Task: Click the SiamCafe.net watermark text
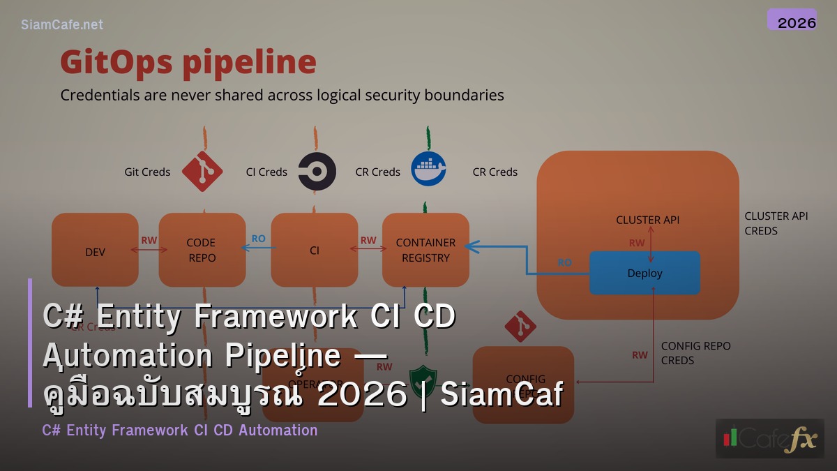click(x=62, y=24)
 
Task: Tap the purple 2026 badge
click(x=792, y=20)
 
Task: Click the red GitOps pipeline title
click(x=188, y=62)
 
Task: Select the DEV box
click(x=95, y=250)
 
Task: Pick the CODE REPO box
click(x=202, y=250)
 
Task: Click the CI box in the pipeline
click(x=314, y=250)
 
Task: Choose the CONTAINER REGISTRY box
click(x=425, y=250)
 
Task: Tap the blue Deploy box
click(x=644, y=273)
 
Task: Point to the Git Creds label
click(x=147, y=172)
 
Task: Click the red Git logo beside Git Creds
click(x=202, y=171)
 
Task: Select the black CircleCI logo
click(x=317, y=172)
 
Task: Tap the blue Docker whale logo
click(x=428, y=170)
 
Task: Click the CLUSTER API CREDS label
click(x=776, y=223)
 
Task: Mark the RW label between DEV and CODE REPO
click(x=149, y=240)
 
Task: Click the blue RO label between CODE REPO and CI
click(x=258, y=239)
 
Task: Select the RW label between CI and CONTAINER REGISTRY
click(x=368, y=240)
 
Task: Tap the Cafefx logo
click(x=769, y=438)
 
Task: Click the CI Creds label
click(x=266, y=172)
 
